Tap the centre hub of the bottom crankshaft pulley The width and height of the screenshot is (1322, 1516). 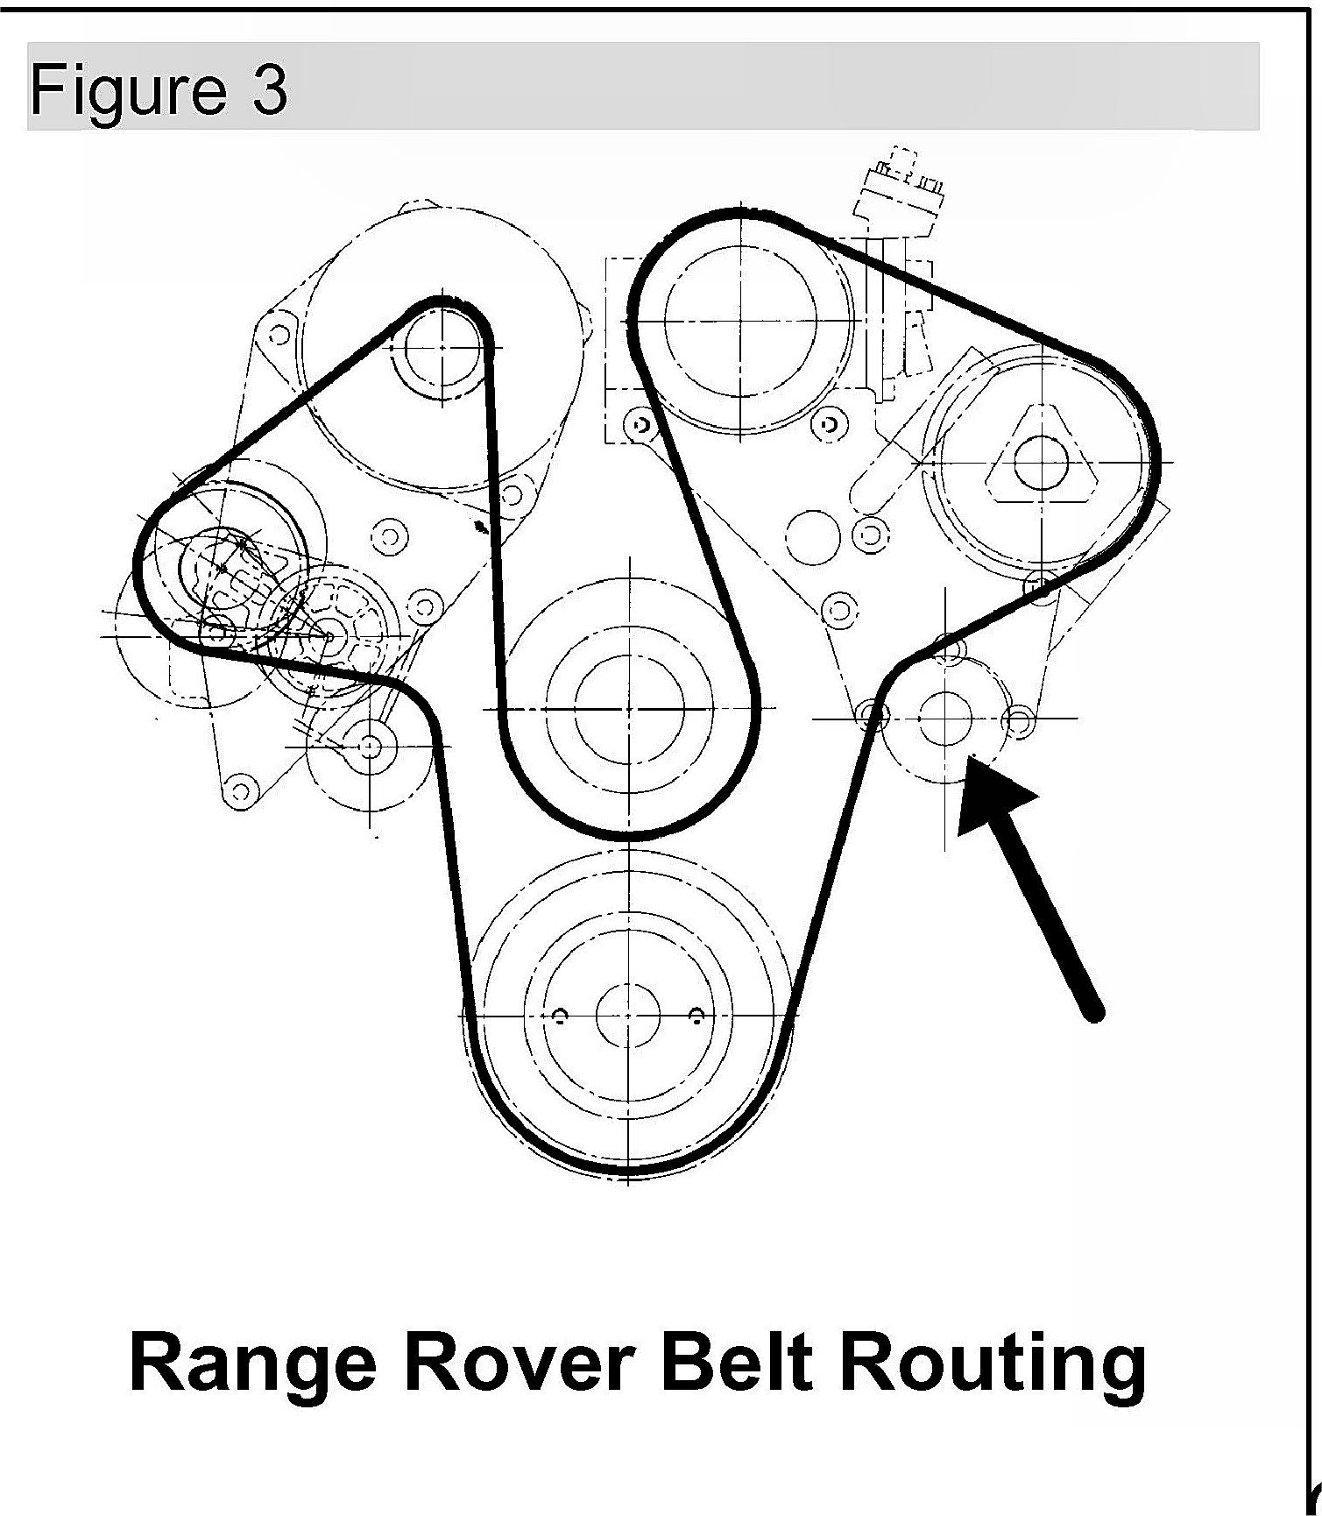[x=628, y=1015]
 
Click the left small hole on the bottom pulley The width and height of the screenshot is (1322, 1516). [x=560, y=1015]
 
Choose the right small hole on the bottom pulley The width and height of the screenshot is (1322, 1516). [x=696, y=1015]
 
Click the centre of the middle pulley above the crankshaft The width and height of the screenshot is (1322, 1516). [x=629, y=706]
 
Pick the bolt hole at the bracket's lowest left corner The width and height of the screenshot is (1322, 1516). [x=236, y=790]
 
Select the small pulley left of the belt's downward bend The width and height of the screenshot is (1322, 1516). [x=369, y=746]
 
